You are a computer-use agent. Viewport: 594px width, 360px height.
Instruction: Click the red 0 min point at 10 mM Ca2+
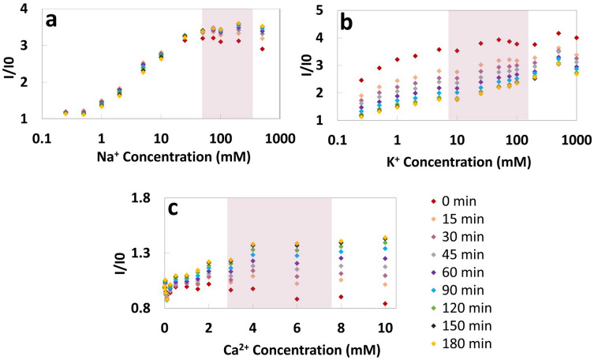(385, 304)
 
